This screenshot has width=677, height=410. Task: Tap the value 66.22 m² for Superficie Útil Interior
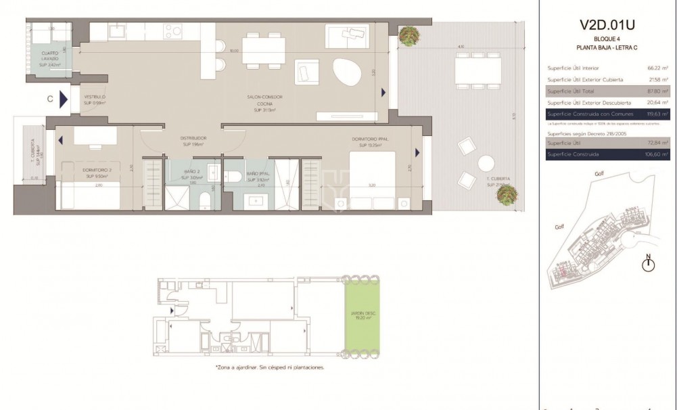pyautogui.click(x=657, y=68)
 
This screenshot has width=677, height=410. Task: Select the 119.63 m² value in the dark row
pyautogui.click(x=657, y=114)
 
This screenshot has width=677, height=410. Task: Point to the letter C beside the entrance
pyautogui.click(x=50, y=99)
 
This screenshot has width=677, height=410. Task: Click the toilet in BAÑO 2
pyautogui.click(x=204, y=201)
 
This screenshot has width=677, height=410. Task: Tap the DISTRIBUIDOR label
pyautogui.click(x=193, y=141)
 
